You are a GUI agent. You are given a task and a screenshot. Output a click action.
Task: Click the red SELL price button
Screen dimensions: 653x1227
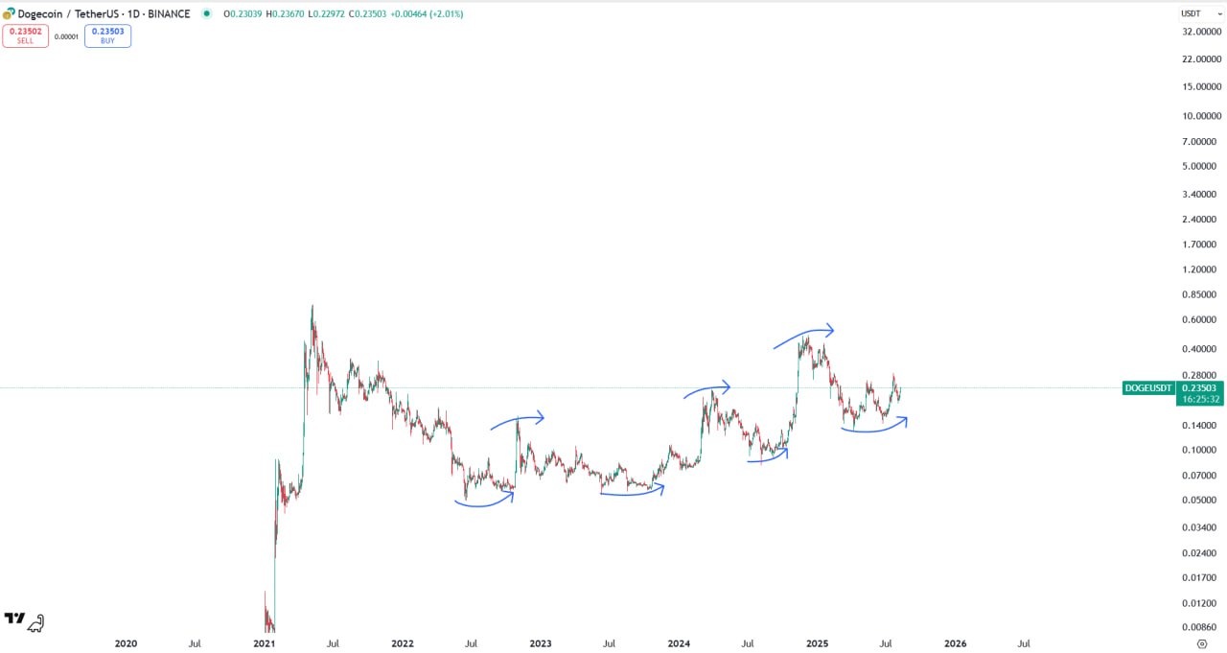pyautogui.click(x=25, y=36)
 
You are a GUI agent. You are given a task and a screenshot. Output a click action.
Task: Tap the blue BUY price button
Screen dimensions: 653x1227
pyautogui.click(x=107, y=36)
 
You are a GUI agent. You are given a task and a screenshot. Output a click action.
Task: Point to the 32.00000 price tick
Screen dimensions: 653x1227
pyautogui.click(x=1200, y=32)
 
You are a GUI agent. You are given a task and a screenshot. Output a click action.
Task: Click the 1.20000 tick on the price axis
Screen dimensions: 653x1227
pyautogui.click(x=1200, y=269)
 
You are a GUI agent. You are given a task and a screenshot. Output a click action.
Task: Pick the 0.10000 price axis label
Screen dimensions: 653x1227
pyautogui.click(x=1200, y=450)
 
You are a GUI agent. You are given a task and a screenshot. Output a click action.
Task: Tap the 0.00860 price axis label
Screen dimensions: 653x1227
pyautogui.click(x=1200, y=627)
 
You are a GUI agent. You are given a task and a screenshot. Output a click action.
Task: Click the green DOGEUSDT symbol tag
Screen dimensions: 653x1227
pyautogui.click(x=1148, y=387)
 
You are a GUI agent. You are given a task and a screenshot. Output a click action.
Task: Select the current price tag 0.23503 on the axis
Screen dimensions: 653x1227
pyautogui.click(x=1200, y=387)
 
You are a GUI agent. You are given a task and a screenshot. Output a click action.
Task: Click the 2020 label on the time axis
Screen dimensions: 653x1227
pyautogui.click(x=126, y=643)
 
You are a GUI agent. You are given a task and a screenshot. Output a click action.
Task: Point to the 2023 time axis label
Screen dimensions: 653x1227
pyautogui.click(x=541, y=643)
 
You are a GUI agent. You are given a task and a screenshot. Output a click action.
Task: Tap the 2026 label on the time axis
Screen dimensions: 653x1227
pyautogui.click(x=955, y=643)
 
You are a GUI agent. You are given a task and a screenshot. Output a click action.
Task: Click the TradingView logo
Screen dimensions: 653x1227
pyautogui.click(x=14, y=620)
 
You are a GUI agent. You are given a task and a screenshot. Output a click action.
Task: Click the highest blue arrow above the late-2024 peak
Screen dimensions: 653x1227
pyautogui.click(x=804, y=335)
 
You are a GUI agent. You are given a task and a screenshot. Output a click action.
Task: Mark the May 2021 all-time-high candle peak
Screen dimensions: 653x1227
pyautogui.click(x=313, y=307)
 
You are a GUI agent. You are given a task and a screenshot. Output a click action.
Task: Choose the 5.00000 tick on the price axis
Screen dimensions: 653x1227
pyautogui.click(x=1200, y=166)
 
